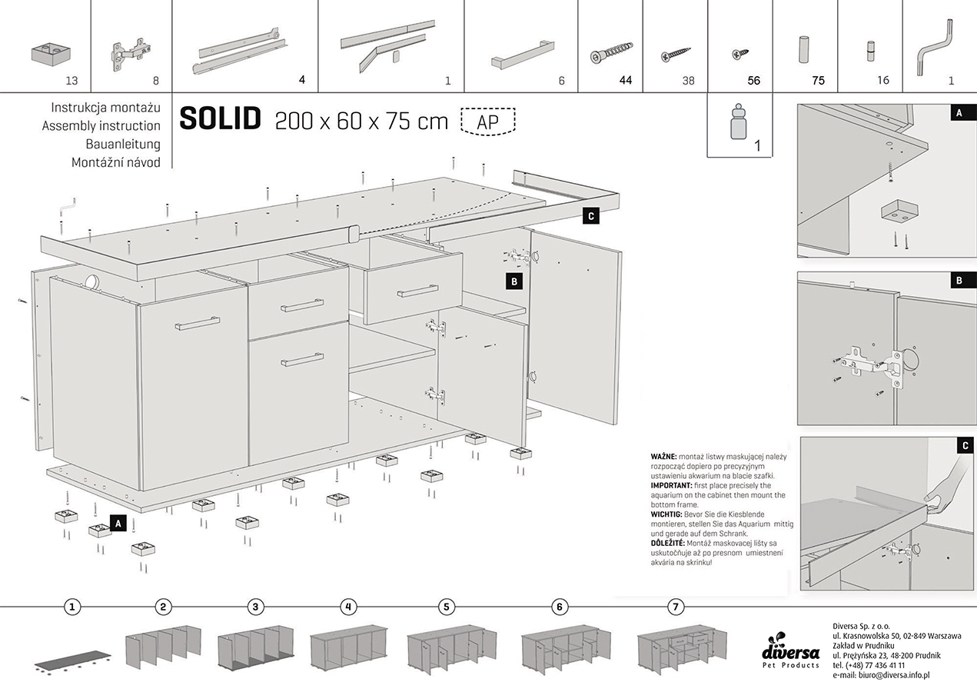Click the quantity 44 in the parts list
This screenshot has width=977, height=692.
coord(626,80)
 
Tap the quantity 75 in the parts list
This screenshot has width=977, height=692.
coord(818,81)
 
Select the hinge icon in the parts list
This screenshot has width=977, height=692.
coord(130,54)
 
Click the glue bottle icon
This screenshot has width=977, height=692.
coord(739,121)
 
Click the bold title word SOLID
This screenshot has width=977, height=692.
coord(221,118)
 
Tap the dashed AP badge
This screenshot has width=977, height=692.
coord(488,121)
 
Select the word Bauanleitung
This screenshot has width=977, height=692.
coord(123,144)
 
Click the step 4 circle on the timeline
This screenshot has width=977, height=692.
coord(348,607)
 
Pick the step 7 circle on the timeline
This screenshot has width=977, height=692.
coord(676,607)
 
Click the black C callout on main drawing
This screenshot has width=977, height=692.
coord(591,216)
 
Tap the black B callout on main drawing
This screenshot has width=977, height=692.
coord(514,281)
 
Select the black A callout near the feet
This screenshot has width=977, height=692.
coord(118,523)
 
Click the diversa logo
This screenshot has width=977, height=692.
coord(790,650)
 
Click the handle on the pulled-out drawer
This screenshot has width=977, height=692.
coord(418,291)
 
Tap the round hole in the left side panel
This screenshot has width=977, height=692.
coord(92,282)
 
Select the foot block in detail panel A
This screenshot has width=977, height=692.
coord(898,211)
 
